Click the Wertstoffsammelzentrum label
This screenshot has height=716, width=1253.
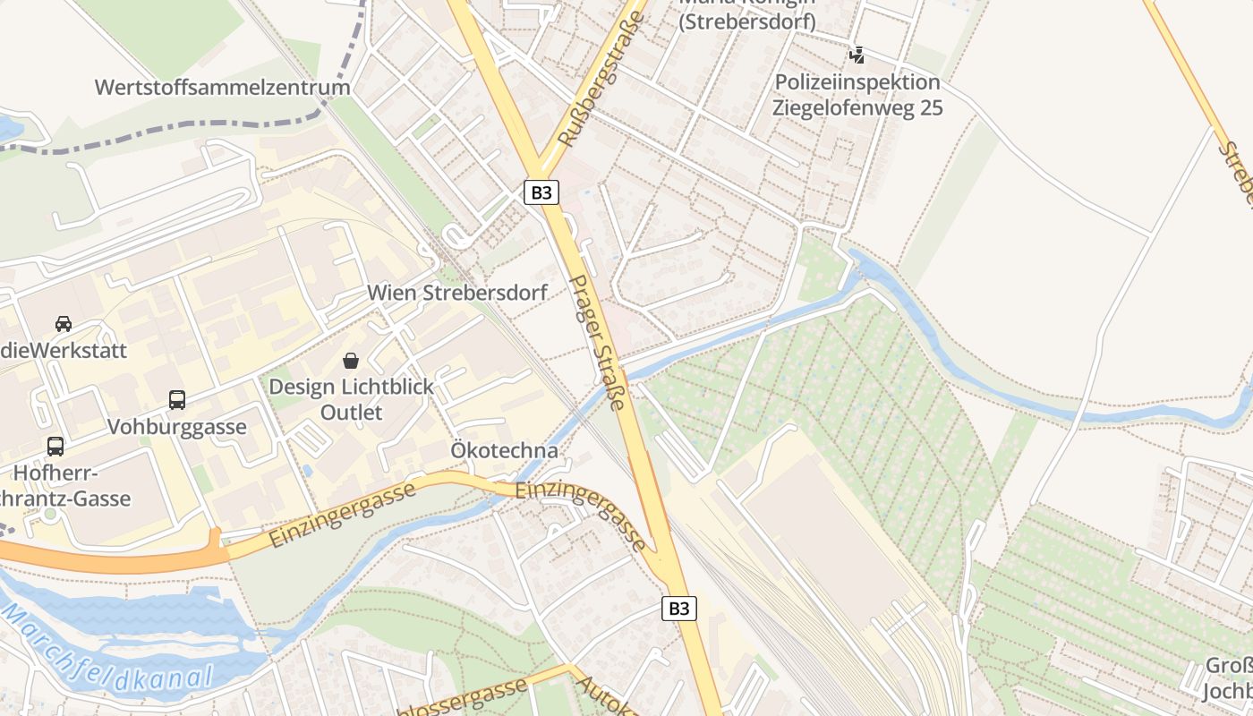pyautogui.click(x=222, y=88)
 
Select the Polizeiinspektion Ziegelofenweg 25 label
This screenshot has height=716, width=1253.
pyautogui.click(x=858, y=95)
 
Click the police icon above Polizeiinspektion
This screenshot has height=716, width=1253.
pyautogui.click(x=857, y=55)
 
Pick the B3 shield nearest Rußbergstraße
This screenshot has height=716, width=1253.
pyautogui.click(x=541, y=192)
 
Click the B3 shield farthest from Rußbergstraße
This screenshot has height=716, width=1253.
pyautogui.click(x=679, y=609)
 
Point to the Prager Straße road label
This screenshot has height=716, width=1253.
pyautogui.click(x=596, y=342)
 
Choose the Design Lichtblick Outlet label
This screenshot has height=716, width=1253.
pyautogui.click(x=352, y=399)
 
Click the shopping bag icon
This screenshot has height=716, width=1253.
pyautogui.click(x=351, y=361)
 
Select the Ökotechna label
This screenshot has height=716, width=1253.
pyautogui.click(x=505, y=450)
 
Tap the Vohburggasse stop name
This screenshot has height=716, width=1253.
pyautogui.click(x=177, y=427)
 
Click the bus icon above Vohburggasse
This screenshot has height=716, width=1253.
pyautogui.click(x=177, y=400)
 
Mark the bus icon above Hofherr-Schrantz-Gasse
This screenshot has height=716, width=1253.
pyautogui.click(x=55, y=446)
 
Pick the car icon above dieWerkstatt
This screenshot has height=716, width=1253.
pyautogui.click(x=64, y=323)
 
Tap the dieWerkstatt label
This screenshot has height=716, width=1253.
pyautogui.click(x=63, y=350)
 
